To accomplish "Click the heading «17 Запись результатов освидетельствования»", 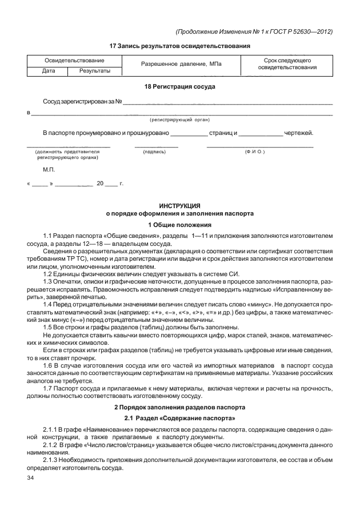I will pyautogui.click(x=179, y=45).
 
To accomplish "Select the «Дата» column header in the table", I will pyautogui.click(x=48, y=71).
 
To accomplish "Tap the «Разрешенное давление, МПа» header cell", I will pyautogui.click(x=181, y=66).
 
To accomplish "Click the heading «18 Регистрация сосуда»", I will pyautogui.click(x=179, y=86).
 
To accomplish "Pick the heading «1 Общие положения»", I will pyautogui.click(x=179, y=224).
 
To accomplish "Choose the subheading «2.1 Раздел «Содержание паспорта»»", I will pyautogui.click(x=179, y=419).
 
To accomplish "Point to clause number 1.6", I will pyautogui.click(x=50, y=364).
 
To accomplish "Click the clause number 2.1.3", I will pyautogui.click(x=53, y=459).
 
